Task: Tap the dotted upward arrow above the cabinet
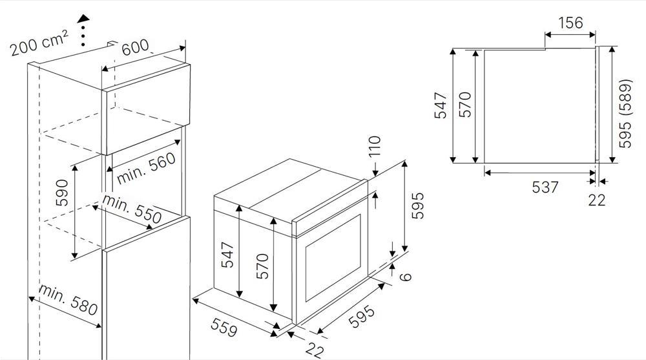coord(83,30)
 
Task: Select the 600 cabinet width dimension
coord(136,47)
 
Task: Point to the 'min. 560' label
coord(146,169)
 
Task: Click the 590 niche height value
coord(62,193)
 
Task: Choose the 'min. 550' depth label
coord(131,209)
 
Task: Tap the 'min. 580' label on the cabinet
coord(68,299)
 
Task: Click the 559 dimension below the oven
coord(224,327)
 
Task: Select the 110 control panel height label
coord(375,147)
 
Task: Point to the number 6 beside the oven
coord(406,276)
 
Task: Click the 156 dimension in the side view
coord(570,23)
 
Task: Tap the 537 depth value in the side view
coord(545,187)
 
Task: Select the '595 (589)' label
coord(625,113)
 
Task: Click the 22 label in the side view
coord(596,200)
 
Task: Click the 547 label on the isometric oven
coord(227,255)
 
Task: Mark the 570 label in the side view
coord(464,105)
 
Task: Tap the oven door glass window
coord(333,258)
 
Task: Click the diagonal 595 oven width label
coord(362,317)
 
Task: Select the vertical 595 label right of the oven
coord(417,206)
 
